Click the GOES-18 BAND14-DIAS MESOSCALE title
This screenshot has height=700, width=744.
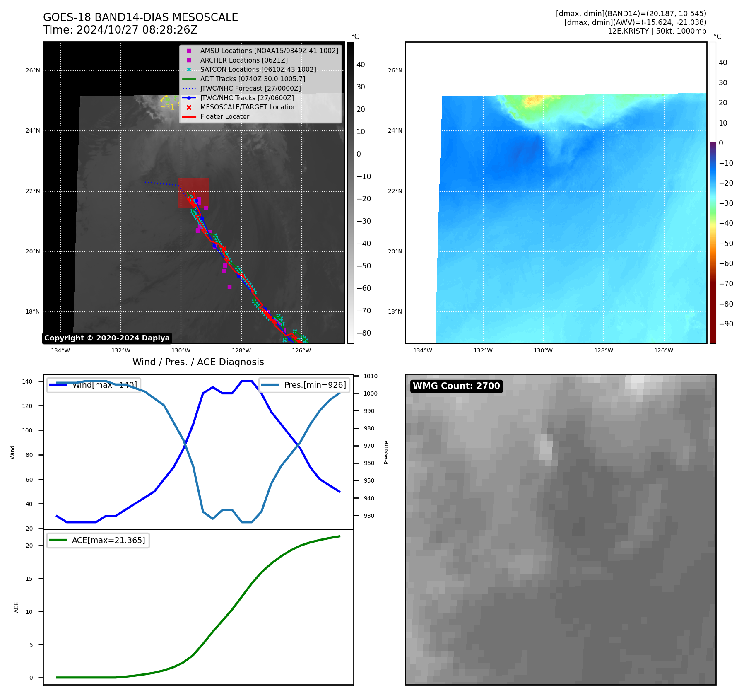coord(140,17)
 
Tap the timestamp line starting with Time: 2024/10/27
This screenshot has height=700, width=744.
coord(120,30)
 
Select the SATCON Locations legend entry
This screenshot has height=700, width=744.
coord(258,70)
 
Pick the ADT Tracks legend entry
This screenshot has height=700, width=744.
coord(253,79)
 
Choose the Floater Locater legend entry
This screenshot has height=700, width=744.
coord(224,117)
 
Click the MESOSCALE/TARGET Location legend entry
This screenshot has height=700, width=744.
coord(248,107)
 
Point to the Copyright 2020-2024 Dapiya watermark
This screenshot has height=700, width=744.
coord(107,338)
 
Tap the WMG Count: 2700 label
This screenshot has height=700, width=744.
coord(456,386)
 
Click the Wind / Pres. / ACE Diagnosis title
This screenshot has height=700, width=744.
coord(198,362)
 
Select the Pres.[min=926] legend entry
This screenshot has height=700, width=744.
coord(315,385)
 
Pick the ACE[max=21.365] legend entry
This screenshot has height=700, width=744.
coord(108,540)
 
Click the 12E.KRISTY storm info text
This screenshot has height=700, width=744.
coord(657,31)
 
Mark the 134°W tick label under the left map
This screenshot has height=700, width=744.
coord(60,350)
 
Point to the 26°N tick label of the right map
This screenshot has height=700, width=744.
coord(395,71)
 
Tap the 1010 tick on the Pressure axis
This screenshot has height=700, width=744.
coord(371,376)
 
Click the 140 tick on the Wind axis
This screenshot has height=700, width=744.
coord(27,381)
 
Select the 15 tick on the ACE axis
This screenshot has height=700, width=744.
coord(29,579)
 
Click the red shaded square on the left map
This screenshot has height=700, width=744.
coord(193,193)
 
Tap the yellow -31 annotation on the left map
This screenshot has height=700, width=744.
coord(167,107)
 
